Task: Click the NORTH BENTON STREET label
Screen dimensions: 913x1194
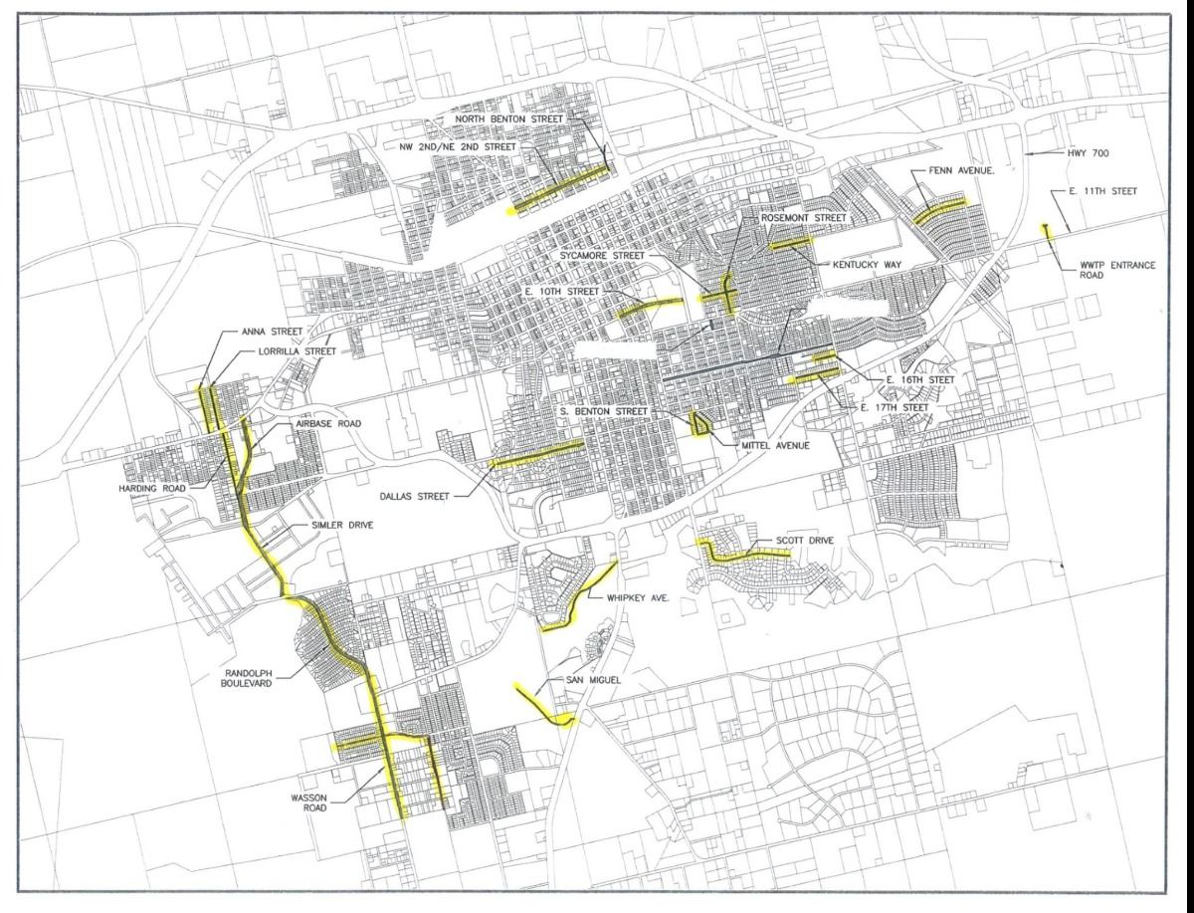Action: tap(509, 119)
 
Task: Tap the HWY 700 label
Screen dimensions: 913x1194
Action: tap(1072, 154)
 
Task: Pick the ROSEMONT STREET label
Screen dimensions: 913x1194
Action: tap(803, 217)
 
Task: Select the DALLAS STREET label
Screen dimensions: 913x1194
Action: tap(421, 495)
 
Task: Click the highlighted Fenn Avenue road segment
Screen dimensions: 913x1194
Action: tap(939, 210)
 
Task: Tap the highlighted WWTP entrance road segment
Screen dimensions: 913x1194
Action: tap(1047, 233)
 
